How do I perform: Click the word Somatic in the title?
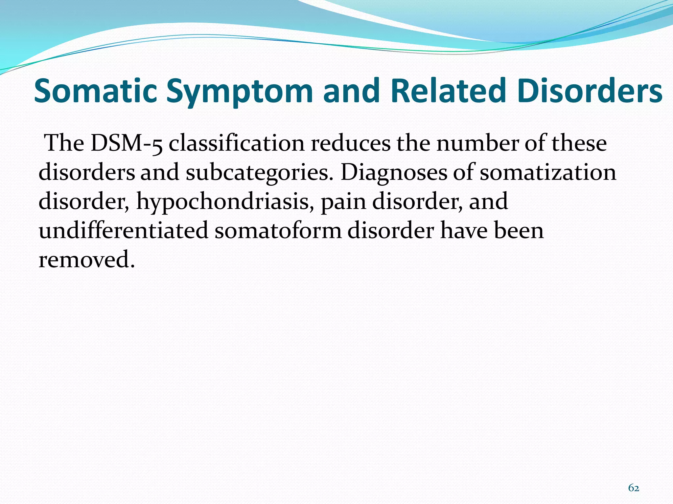tap(95, 91)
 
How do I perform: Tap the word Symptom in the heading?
tap(239, 91)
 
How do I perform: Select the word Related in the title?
tap(448, 91)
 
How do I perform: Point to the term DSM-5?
tap(127, 143)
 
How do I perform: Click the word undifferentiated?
tap(124, 230)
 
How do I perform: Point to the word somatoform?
tap(278, 230)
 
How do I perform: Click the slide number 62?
tap(634, 488)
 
